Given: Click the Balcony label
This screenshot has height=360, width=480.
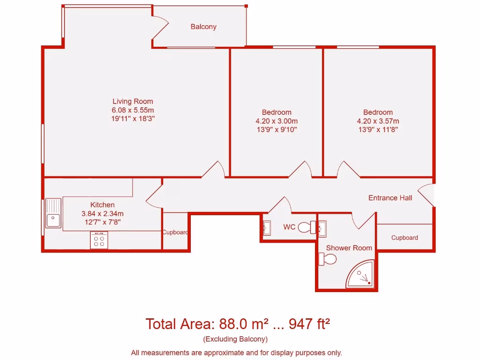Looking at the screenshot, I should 203,27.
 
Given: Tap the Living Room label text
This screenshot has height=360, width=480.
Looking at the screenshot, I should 133,101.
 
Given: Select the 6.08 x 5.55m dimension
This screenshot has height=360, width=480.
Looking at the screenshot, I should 133,110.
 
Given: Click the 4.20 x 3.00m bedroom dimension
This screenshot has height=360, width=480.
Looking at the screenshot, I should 277,121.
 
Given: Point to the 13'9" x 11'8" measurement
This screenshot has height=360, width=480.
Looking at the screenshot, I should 378,130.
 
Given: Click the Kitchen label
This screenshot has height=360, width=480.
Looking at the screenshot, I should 102,205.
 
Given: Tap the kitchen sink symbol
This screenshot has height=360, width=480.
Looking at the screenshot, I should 53,213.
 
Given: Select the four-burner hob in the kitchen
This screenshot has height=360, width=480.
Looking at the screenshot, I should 99,240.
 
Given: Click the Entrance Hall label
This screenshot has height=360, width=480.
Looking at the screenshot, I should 390,198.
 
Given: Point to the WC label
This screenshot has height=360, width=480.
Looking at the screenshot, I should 289,227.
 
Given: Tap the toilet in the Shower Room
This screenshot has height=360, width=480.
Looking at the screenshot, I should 328,259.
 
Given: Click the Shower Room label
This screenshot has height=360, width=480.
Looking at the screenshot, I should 349,247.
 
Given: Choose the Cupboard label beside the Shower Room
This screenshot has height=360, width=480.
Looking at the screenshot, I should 405,238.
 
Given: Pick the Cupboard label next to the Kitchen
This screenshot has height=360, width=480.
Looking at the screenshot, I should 175,232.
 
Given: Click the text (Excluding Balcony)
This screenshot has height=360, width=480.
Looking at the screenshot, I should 235,339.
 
